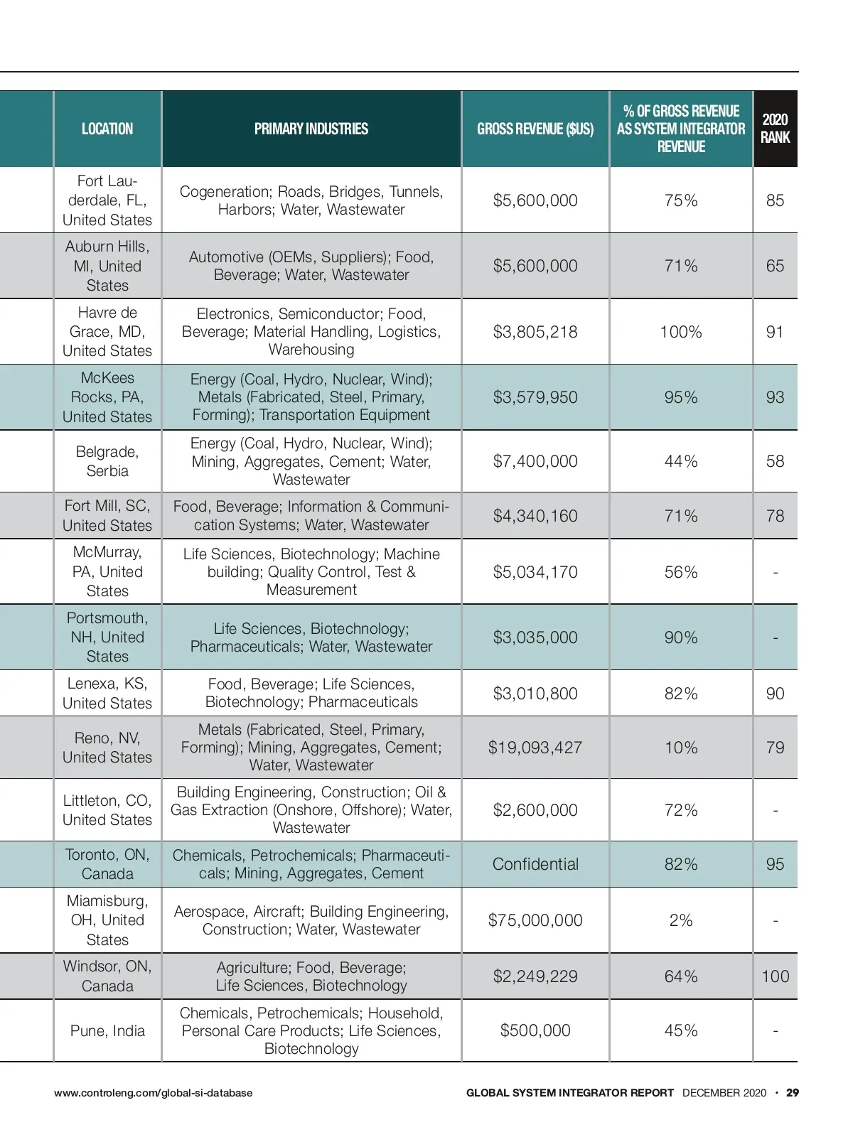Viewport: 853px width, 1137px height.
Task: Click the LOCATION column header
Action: (x=107, y=129)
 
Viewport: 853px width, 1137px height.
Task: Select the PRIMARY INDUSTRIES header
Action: (x=311, y=129)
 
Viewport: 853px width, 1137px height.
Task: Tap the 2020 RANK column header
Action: (x=775, y=129)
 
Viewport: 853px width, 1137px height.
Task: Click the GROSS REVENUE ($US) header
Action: (x=535, y=129)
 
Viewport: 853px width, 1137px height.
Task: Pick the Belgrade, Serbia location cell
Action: (x=107, y=461)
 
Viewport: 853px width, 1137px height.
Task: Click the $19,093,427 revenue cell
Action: (x=535, y=748)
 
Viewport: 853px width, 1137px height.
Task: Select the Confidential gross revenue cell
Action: (x=535, y=864)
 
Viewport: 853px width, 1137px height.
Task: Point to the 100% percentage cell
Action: (x=681, y=332)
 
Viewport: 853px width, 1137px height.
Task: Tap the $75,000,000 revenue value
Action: (x=535, y=920)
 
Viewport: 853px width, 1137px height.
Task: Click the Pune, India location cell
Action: (x=107, y=1030)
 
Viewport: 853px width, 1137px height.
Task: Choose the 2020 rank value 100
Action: (x=775, y=976)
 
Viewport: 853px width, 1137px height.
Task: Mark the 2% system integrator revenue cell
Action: (x=681, y=920)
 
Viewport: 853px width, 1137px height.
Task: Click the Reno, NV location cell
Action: (x=107, y=748)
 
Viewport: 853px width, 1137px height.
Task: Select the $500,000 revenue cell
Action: (x=535, y=1030)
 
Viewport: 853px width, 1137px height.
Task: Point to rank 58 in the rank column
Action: (x=775, y=461)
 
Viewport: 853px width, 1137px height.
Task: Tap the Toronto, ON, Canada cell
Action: (x=107, y=864)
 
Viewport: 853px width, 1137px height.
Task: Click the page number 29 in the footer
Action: (x=793, y=1093)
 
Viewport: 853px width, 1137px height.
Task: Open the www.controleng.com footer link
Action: (x=153, y=1093)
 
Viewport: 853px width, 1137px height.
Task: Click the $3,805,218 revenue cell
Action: (x=535, y=332)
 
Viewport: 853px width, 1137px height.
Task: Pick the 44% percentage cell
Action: (x=681, y=461)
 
